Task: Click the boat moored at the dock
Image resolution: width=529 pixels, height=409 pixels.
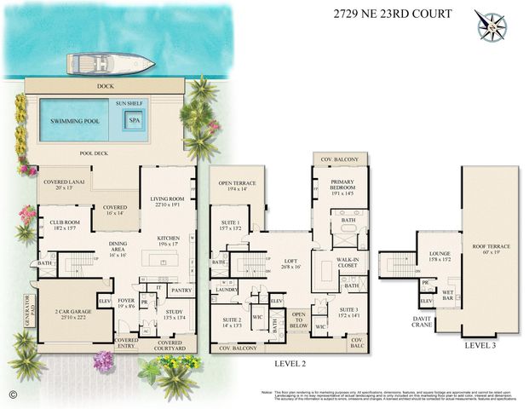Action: click(111, 63)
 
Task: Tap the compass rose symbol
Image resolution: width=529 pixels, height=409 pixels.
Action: click(492, 25)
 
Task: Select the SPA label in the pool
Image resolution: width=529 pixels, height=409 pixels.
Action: click(134, 120)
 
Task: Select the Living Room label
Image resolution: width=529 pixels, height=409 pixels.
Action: click(166, 201)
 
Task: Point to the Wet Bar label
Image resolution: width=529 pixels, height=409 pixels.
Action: click(447, 295)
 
